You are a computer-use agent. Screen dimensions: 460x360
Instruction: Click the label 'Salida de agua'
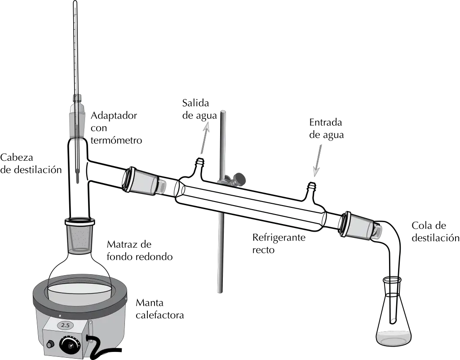point(199,109)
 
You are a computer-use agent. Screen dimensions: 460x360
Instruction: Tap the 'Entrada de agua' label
point(327,128)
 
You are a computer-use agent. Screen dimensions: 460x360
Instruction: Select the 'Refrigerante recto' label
point(279,243)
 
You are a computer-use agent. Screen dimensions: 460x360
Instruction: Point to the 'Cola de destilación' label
point(435,232)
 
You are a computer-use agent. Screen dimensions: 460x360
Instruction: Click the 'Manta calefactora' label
point(160,309)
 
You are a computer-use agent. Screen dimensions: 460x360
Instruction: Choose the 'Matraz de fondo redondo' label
point(140,250)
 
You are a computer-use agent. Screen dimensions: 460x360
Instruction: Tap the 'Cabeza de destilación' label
point(31,163)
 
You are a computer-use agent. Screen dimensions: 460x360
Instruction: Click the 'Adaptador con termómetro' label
point(116,128)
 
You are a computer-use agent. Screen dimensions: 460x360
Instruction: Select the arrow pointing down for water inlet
point(318,161)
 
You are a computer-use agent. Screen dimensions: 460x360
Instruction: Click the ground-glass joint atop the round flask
point(80,234)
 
